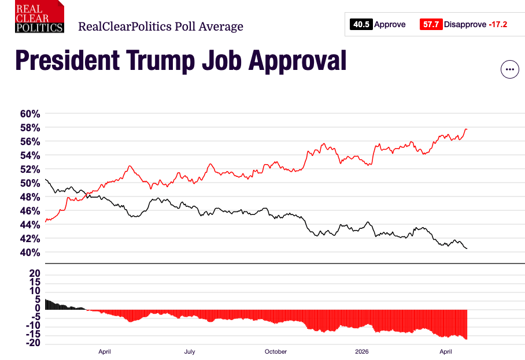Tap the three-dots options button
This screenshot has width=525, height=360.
tap(509, 69)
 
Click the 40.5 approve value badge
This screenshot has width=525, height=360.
tap(361, 24)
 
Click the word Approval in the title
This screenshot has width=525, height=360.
tap(297, 61)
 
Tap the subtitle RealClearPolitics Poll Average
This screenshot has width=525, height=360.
tap(161, 27)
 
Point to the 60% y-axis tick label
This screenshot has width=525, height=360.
tap(30, 114)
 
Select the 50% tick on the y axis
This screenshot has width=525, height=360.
tap(30, 183)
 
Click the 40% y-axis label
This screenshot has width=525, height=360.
tap(30, 253)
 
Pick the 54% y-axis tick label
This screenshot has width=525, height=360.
tap(30, 155)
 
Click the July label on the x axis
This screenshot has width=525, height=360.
tap(190, 351)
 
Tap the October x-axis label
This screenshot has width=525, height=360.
tap(275, 351)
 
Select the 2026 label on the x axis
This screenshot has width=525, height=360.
tap(361, 351)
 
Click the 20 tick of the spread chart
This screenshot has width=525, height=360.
tap(35, 273)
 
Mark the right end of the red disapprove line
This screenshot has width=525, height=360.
tap(467, 129)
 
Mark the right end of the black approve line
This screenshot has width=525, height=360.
tap(467, 248)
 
